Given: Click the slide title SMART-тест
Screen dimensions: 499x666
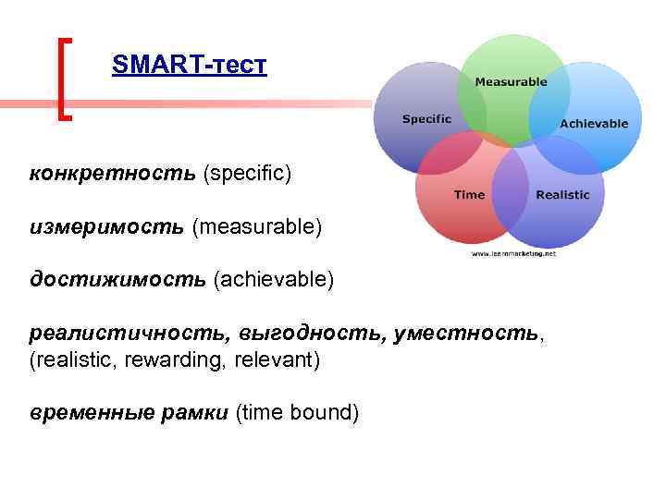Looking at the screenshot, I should pos(189,66).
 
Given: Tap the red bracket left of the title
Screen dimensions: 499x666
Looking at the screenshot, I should pos(63,79).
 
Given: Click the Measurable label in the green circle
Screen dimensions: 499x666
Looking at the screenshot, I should pos(511,82).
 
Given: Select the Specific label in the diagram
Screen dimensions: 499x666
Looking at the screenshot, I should pos(426,118).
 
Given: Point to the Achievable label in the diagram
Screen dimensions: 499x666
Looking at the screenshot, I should pos(594,123).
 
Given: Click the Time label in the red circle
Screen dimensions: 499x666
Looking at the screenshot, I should pos(469,194).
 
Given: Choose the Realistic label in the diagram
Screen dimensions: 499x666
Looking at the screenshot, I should pos(562,194).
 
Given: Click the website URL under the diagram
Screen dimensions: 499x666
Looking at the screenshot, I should pos(513,252).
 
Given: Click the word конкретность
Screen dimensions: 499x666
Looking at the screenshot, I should pos(112,173).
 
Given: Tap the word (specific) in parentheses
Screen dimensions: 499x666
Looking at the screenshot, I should pos(247,173).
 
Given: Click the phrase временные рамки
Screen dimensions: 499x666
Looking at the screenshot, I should pos(129,413).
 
